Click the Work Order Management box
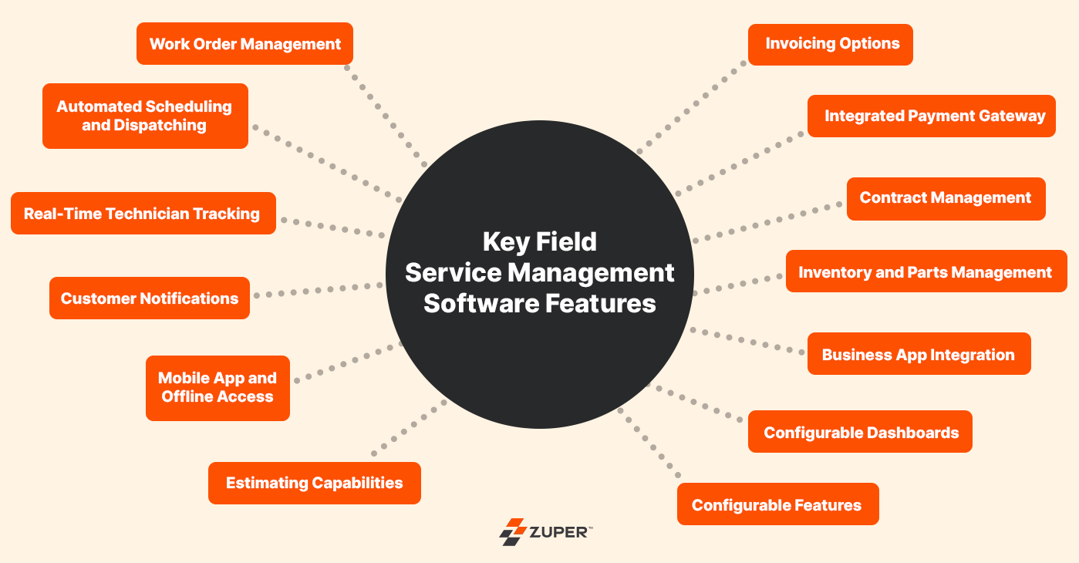[x=244, y=44]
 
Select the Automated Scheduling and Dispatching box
[x=145, y=116]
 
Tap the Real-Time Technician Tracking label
[x=143, y=214]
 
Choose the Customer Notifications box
[x=150, y=298]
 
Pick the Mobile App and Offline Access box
[x=217, y=387]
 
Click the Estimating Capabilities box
[x=315, y=483]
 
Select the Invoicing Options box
[x=831, y=44]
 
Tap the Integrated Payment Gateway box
[x=931, y=116]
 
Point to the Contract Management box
[x=946, y=198]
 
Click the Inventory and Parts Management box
[x=926, y=271]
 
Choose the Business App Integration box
[x=919, y=354]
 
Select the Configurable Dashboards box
[x=860, y=432]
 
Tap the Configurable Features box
[x=777, y=504]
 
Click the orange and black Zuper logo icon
[x=511, y=531]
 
